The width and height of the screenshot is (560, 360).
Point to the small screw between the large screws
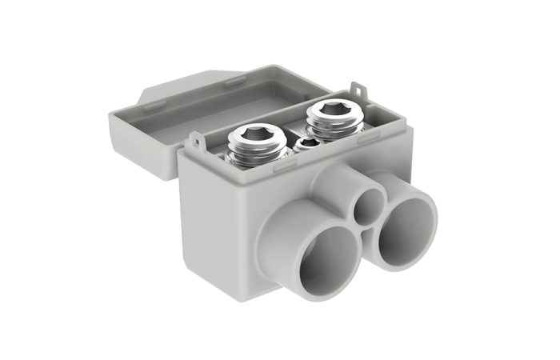point(306,145)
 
